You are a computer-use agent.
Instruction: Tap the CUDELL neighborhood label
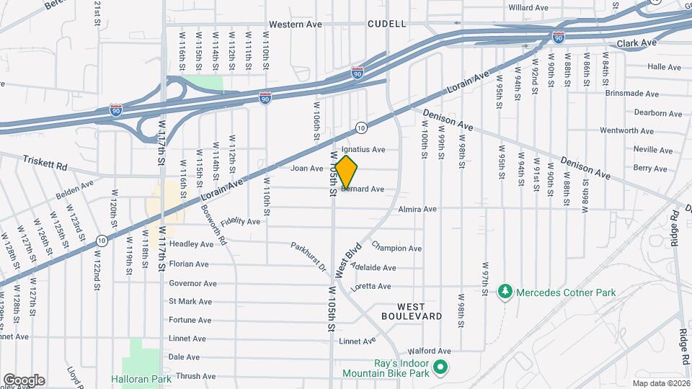(x=386, y=24)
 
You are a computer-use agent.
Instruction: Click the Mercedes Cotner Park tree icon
(x=505, y=292)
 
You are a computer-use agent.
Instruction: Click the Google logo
(x=24, y=380)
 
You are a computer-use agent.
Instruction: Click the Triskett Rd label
(x=45, y=164)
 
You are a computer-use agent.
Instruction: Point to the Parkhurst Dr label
(x=309, y=256)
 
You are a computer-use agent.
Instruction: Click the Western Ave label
(x=296, y=24)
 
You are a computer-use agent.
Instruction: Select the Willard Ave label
(x=529, y=7)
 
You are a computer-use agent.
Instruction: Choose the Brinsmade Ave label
(x=631, y=94)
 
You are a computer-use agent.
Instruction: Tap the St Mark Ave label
(x=189, y=302)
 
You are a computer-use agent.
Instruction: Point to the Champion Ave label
(x=396, y=249)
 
